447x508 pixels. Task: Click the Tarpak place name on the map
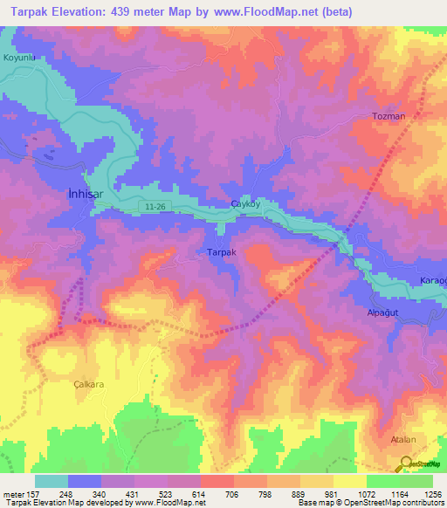click(x=221, y=252)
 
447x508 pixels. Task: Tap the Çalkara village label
click(x=88, y=383)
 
